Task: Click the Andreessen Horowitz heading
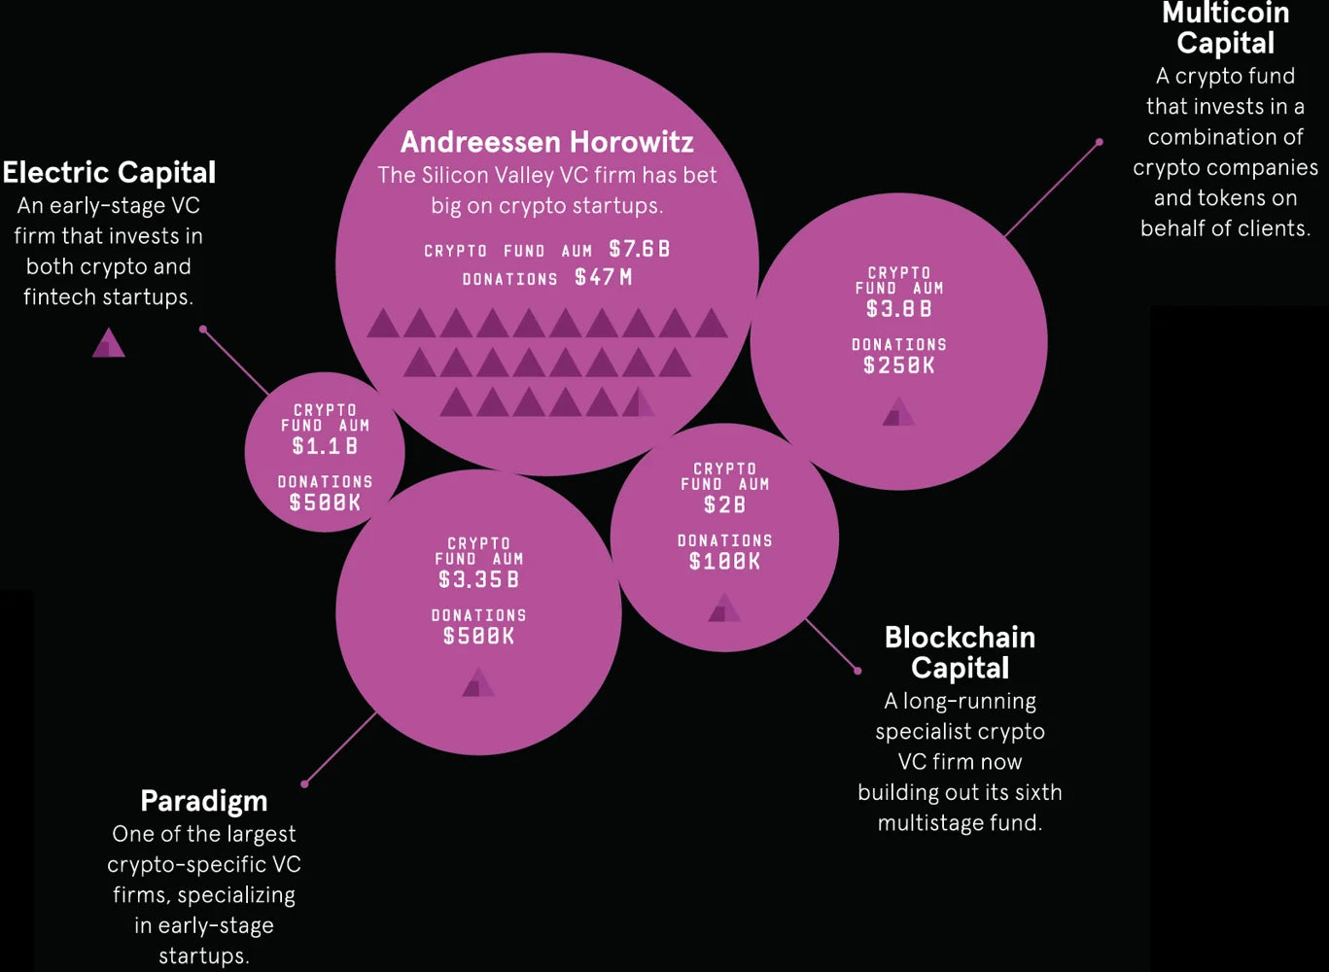(546, 142)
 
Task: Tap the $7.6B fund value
(639, 249)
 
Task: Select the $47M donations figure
(604, 277)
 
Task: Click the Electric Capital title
(109, 173)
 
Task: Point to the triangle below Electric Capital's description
(109, 343)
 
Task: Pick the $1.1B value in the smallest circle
(325, 446)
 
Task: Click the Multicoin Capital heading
(1225, 27)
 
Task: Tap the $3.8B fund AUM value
(899, 309)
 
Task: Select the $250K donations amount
(899, 365)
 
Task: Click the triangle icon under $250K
(898, 411)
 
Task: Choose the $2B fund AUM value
(724, 504)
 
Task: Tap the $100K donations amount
(724, 561)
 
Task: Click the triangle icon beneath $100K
(724, 607)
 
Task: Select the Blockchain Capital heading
(960, 652)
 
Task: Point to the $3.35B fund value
(478, 579)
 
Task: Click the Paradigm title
(204, 802)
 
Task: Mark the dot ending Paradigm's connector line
(304, 784)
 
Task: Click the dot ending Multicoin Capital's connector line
(1099, 142)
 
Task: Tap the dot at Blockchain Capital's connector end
(857, 671)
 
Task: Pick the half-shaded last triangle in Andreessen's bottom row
(639, 402)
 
